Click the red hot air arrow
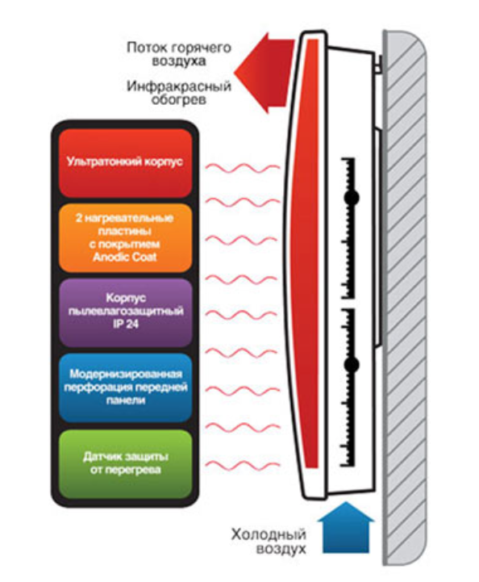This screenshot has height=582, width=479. pos(265,73)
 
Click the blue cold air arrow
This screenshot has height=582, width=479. pos(345,528)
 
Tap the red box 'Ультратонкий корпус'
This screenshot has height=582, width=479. pos(125,162)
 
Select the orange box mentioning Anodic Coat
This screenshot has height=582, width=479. pos(125,237)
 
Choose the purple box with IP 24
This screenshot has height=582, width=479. pos(125,312)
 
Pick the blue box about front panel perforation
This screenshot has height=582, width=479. pos(125,387)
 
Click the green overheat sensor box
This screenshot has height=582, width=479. pos(125,463)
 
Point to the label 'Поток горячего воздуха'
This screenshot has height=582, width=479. pos(179,54)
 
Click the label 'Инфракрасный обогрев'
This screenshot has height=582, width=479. pos(179,93)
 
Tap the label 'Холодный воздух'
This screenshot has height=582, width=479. pos(269,542)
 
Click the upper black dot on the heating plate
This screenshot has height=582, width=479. pos(351,198)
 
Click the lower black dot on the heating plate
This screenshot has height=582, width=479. pos(351,365)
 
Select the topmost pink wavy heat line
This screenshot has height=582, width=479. pos(243,168)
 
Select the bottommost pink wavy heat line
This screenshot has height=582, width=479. pos(243,465)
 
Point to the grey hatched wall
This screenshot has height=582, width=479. pos(405,297)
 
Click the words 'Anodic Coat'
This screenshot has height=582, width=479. pos(125,257)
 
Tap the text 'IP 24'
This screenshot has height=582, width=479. pos(126,324)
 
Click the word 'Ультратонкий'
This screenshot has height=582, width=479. pos(104,161)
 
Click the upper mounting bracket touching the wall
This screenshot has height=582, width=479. pos(378,64)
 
